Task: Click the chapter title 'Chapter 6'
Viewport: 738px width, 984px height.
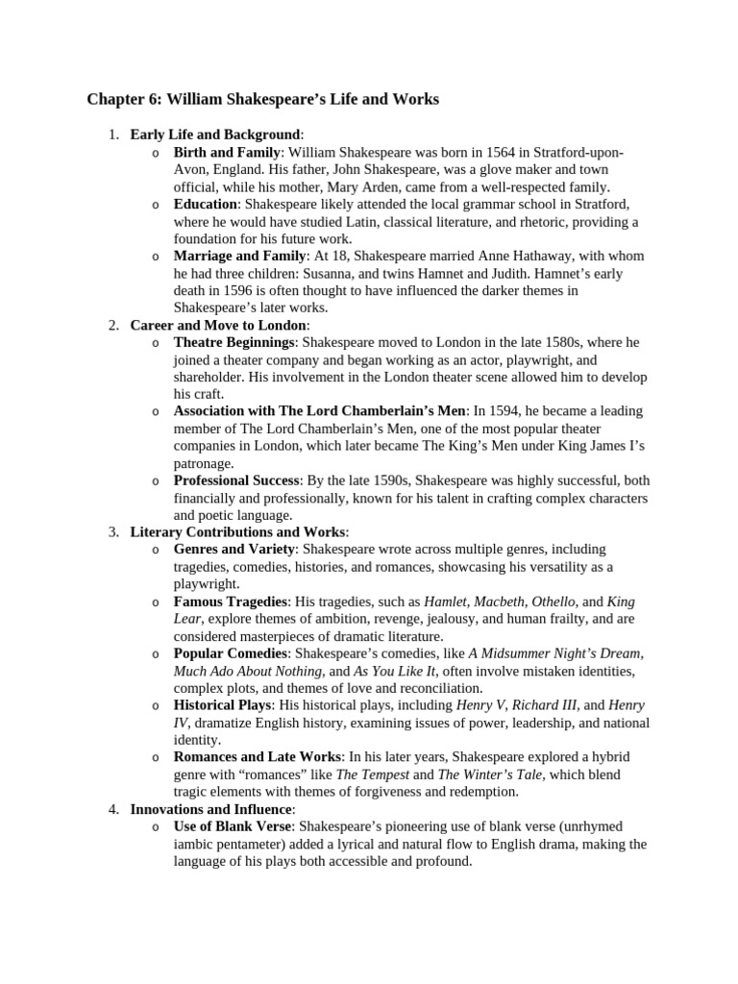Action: tap(123, 99)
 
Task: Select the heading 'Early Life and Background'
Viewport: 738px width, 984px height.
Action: tap(215, 135)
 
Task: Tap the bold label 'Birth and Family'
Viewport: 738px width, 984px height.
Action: tap(227, 153)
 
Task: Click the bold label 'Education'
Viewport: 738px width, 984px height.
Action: tap(205, 205)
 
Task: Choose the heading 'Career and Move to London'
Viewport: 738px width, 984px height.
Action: tap(218, 325)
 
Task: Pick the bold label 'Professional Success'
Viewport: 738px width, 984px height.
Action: tap(237, 480)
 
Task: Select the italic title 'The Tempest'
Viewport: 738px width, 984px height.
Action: tap(373, 775)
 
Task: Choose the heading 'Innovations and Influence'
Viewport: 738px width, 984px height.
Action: tap(212, 809)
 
